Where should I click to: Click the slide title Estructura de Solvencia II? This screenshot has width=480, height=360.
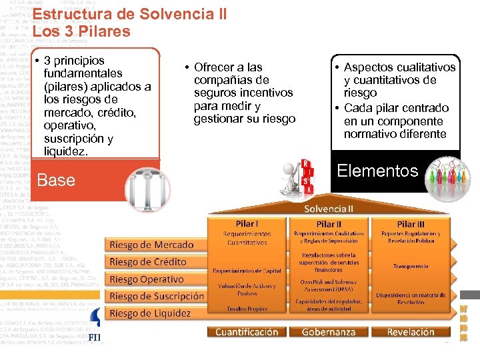(x=129, y=14)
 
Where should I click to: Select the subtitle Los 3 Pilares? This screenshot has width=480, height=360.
(x=81, y=31)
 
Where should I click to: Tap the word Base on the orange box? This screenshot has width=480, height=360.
(x=57, y=180)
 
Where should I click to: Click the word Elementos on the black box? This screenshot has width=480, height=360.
(x=377, y=171)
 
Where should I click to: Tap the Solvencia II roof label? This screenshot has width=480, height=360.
(x=329, y=208)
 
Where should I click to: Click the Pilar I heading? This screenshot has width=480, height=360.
(x=246, y=224)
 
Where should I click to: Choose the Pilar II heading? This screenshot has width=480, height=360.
(x=329, y=225)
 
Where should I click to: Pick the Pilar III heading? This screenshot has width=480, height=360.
(x=411, y=225)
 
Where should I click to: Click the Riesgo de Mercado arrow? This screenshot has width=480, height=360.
(x=152, y=245)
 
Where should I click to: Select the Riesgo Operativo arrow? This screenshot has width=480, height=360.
(x=148, y=279)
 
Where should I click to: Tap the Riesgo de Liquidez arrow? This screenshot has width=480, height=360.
(x=151, y=313)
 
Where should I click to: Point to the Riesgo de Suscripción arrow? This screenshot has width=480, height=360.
(x=157, y=296)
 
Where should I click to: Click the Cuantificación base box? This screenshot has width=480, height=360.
(x=247, y=331)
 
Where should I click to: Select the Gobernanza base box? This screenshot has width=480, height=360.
(x=329, y=331)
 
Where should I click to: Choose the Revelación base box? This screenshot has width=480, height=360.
(x=411, y=331)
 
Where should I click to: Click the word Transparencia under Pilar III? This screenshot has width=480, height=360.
(x=411, y=265)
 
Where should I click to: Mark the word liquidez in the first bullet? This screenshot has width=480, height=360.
(x=65, y=151)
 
